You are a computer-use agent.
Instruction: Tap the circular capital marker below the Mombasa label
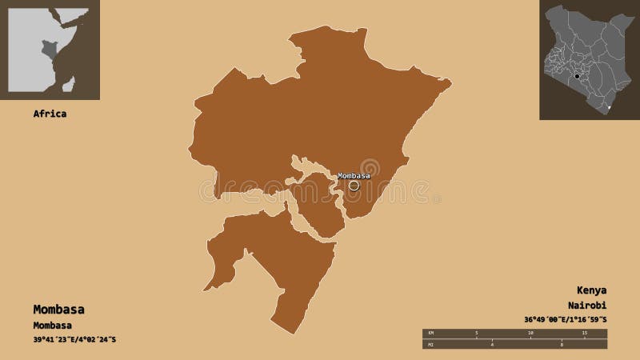(x=354, y=185)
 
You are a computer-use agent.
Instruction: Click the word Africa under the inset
(x=50, y=114)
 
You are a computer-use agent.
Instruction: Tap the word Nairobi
(x=588, y=306)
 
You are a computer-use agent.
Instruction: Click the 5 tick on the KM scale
(x=477, y=332)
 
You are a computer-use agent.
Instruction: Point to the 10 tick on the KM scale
(x=530, y=332)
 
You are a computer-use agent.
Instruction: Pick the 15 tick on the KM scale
(x=583, y=332)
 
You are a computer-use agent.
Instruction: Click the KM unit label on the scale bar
(x=430, y=331)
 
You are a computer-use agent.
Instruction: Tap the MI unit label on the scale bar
(x=430, y=344)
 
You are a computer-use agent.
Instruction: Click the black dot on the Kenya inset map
(x=575, y=77)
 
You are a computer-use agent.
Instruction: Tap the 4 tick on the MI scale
(x=494, y=345)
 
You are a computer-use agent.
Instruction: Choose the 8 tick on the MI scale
(x=562, y=345)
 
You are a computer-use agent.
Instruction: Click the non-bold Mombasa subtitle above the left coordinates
(x=53, y=325)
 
